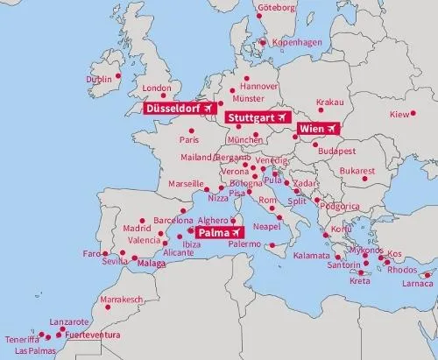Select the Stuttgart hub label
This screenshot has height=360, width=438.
257,116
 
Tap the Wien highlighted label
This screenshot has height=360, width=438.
319,129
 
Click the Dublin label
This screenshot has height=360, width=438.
99,79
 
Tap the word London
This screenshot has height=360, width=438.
154,88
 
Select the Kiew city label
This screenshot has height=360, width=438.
399,115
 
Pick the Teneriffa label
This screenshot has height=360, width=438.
21,339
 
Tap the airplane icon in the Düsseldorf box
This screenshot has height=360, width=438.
207,108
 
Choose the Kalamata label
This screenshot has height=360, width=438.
311,255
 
